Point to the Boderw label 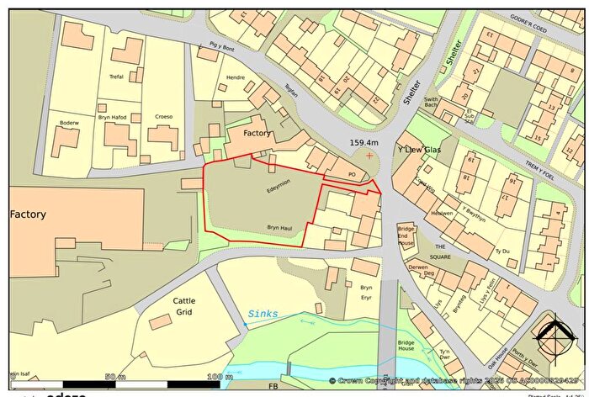pos(68,124)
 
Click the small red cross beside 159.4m pos(369,156)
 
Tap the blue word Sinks pos(262,314)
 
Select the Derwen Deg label pos(419,269)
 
